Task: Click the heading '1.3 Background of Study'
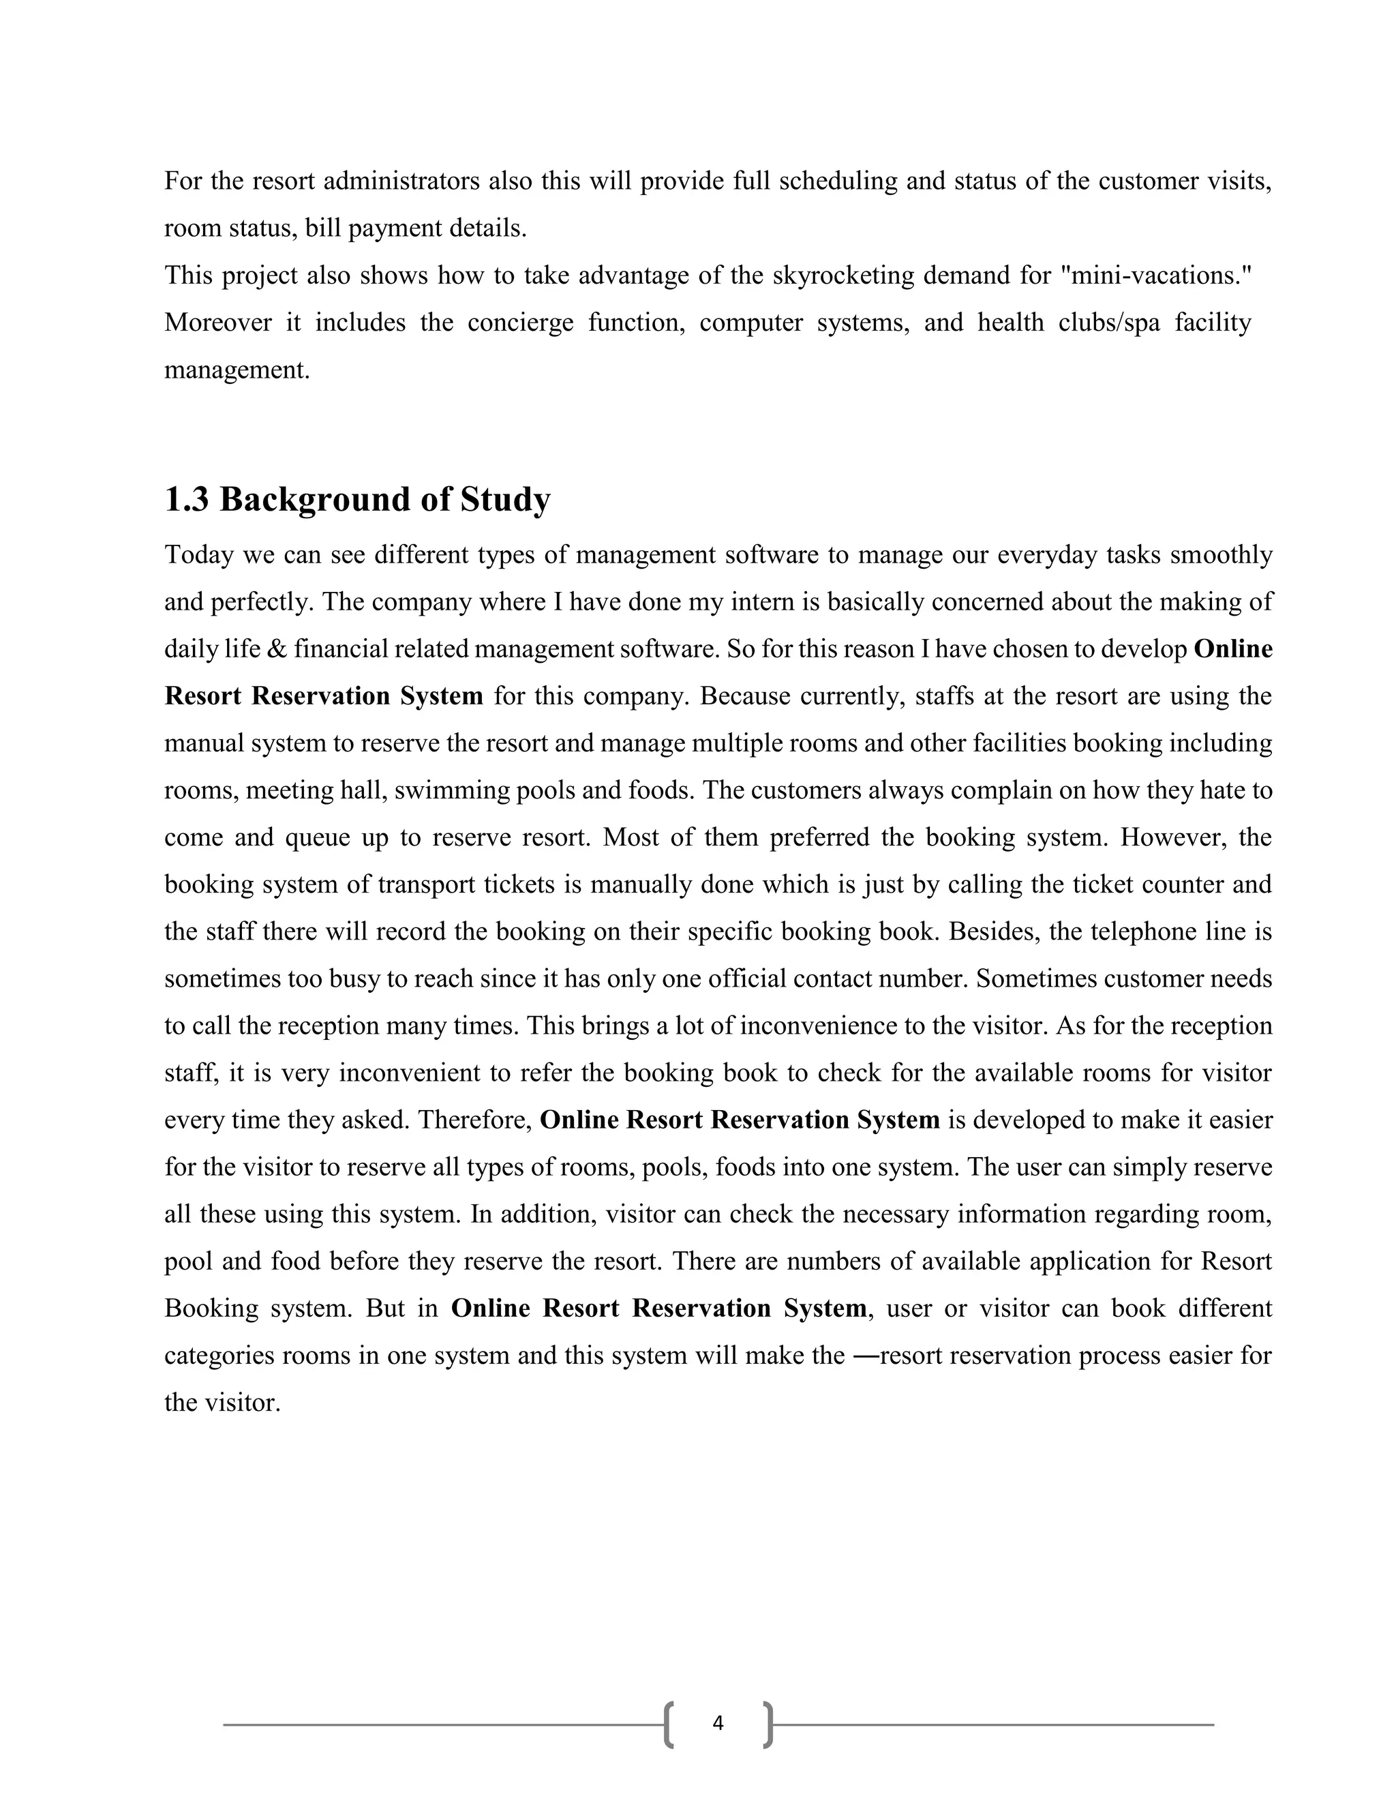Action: click(357, 500)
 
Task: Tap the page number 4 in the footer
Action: click(717, 1723)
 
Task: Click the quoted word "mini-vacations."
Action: click(1156, 275)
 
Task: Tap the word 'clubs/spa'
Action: click(1109, 322)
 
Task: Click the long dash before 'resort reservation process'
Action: click(865, 1356)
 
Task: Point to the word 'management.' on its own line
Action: click(237, 370)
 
